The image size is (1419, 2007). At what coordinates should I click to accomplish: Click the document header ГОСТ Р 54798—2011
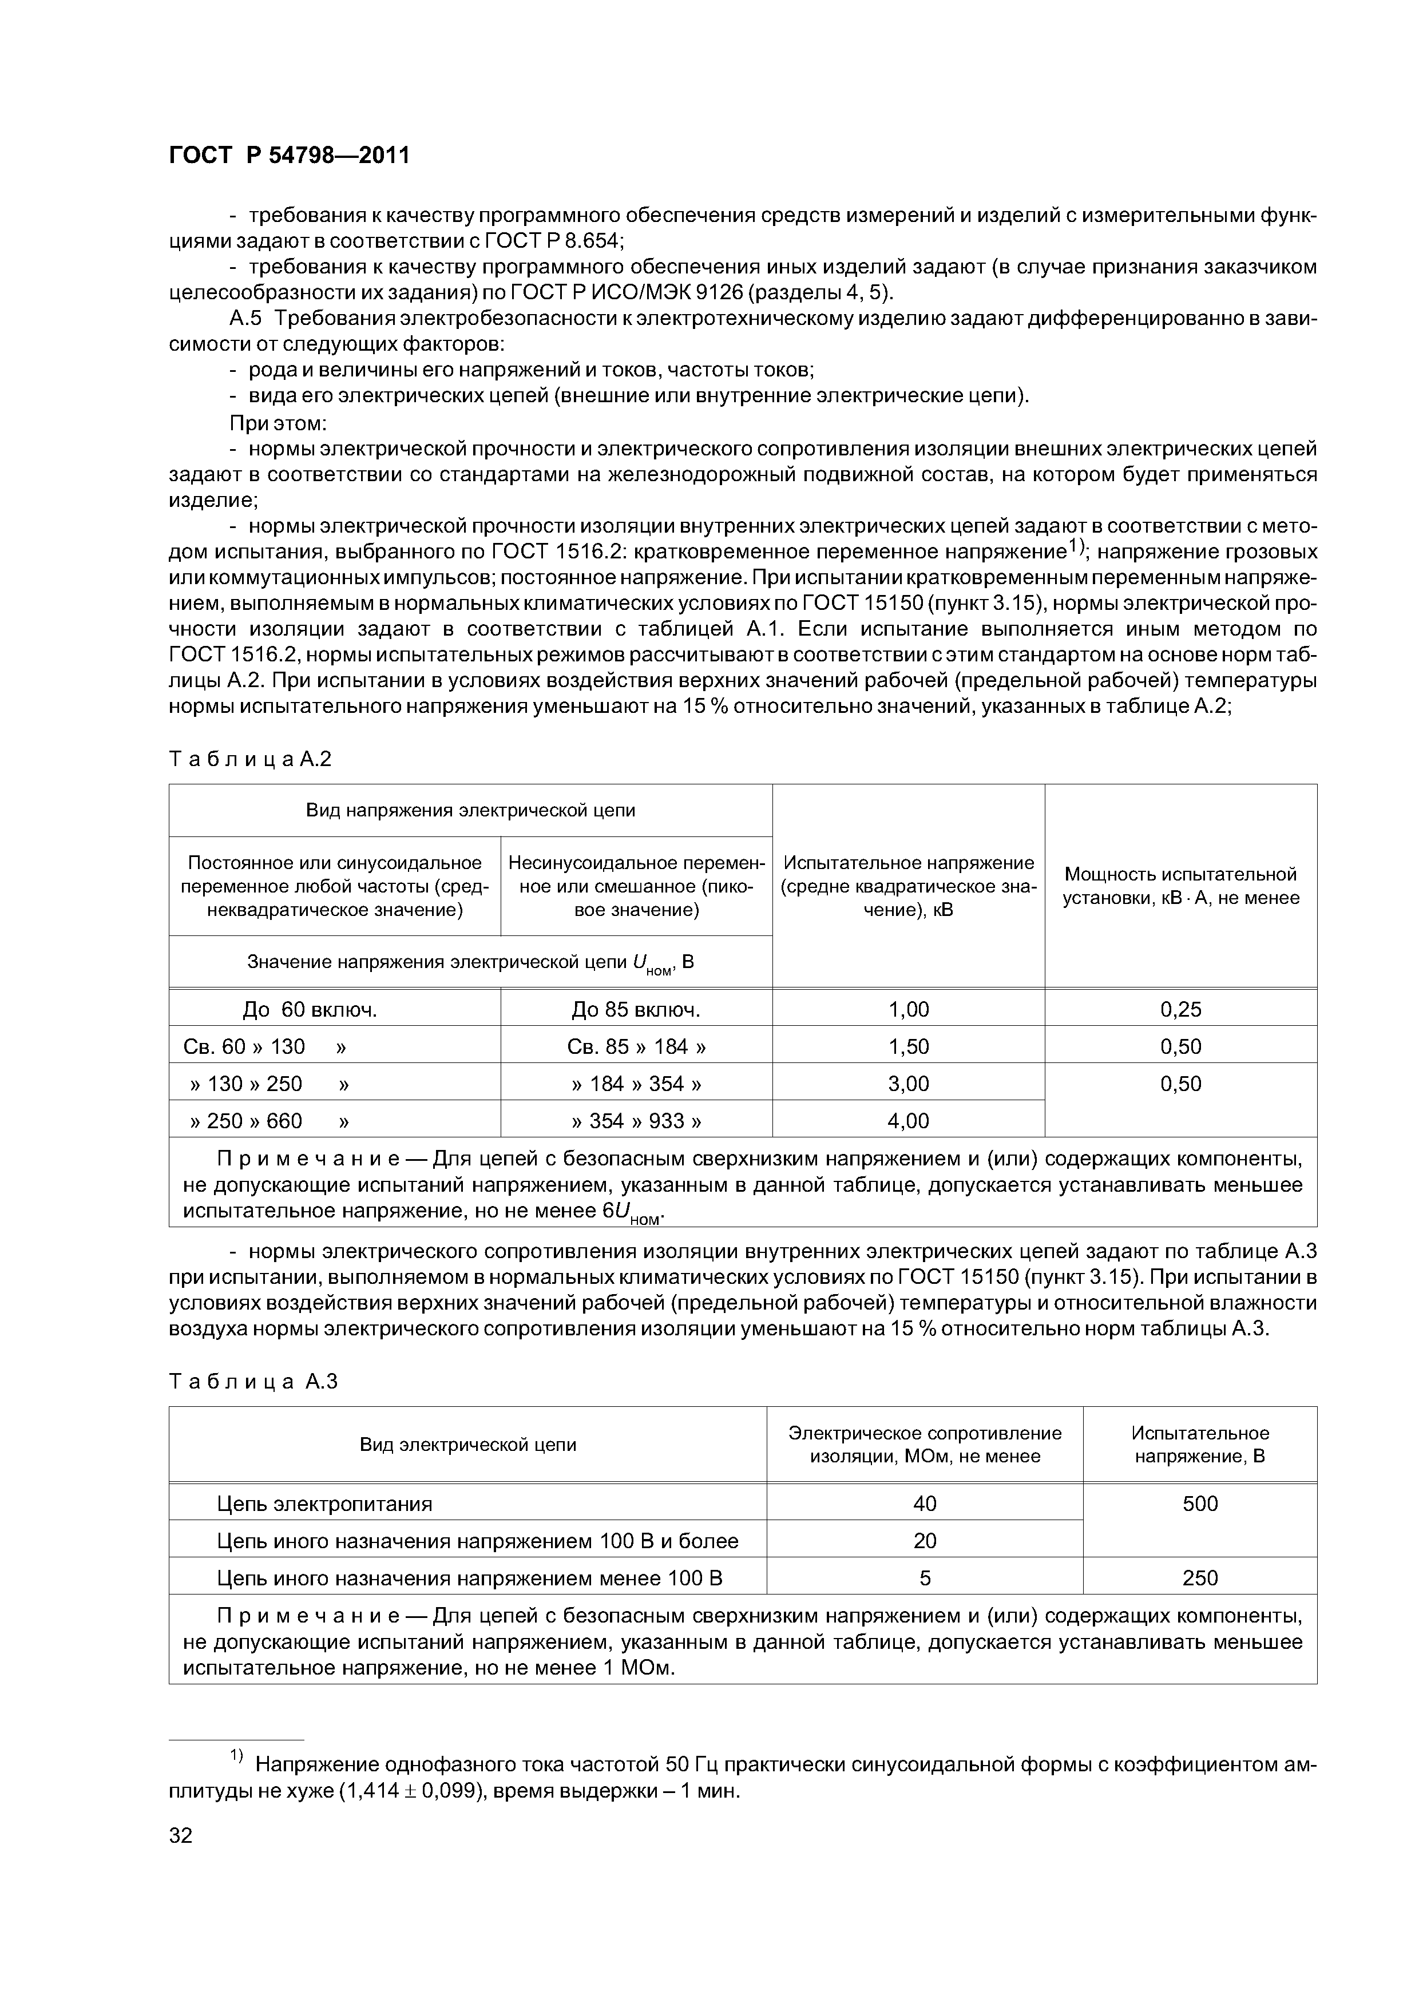point(288,156)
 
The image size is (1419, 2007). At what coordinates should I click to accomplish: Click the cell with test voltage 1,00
point(909,1010)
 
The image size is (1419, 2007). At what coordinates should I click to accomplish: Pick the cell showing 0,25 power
point(1180,1010)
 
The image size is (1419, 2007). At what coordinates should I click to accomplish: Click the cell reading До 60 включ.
point(310,1010)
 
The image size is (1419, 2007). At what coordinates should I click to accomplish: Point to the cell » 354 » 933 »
point(636,1121)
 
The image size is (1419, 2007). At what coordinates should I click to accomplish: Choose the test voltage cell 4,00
point(909,1121)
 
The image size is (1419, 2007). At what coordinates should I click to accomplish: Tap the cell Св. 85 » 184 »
point(636,1046)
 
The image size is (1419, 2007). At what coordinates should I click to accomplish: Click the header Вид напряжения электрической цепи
point(470,810)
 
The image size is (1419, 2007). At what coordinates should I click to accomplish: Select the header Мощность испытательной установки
point(1180,886)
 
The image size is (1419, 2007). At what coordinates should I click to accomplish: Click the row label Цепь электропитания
point(324,1504)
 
